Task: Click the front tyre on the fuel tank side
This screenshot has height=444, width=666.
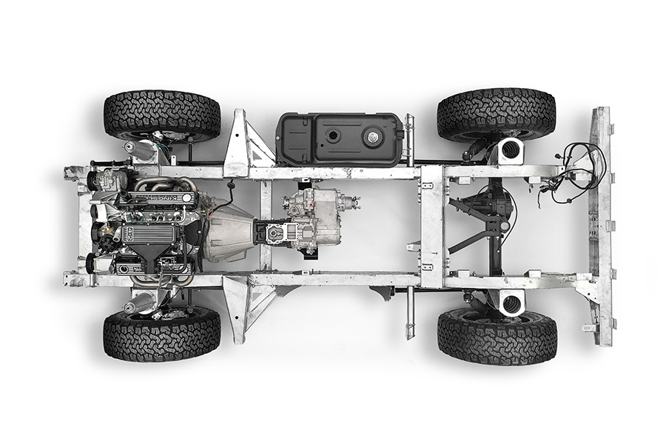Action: (x=162, y=115)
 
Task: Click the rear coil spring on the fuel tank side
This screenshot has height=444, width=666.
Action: (x=511, y=151)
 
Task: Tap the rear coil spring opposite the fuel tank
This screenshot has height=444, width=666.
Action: (x=511, y=301)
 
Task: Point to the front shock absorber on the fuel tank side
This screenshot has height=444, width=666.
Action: (x=138, y=149)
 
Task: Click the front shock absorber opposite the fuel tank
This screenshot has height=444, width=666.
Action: (x=138, y=303)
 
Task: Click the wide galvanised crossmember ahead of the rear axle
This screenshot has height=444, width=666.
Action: (x=431, y=226)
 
